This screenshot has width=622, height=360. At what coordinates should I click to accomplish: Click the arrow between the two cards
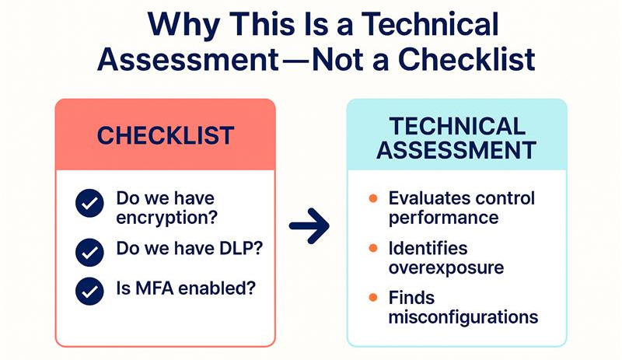point(309,226)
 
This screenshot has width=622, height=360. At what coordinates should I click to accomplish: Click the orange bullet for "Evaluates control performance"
point(373,198)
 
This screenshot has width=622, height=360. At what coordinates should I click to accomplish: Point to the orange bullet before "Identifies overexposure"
point(373,249)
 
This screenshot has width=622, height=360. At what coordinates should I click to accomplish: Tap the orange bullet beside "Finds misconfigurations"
point(373,298)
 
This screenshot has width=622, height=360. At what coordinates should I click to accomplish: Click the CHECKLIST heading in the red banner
point(165,135)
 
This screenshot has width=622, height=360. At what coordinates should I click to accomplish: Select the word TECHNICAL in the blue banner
point(456,126)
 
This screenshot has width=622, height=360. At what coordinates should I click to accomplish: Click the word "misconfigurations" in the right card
point(463,316)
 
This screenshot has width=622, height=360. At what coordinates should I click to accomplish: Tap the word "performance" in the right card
point(443,217)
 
